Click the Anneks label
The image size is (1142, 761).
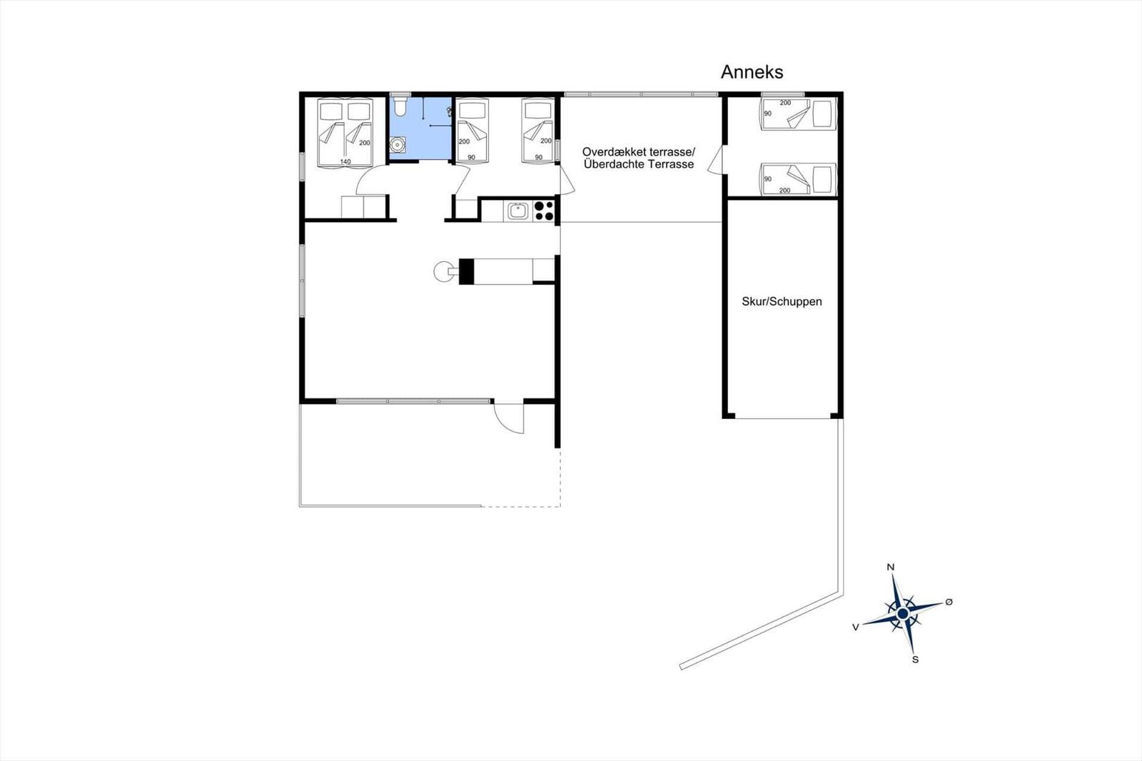pyautogui.click(x=752, y=72)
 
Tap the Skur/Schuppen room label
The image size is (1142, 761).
pyautogui.click(x=782, y=301)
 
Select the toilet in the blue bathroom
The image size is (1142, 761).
pyautogui.click(x=399, y=106)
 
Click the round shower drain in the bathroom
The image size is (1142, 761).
pyautogui.click(x=397, y=145)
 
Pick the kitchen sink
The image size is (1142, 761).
pyautogui.click(x=518, y=211)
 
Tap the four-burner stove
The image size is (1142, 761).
pyautogui.click(x=544, y=211)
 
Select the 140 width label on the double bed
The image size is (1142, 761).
pyautogui.click(x=345, y=161)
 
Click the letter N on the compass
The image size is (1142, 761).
pyautogui.click(x=891, y=567)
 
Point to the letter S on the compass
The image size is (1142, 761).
pyautogui.click(x=915, y=660)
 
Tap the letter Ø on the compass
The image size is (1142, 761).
pyautogui.click(x=949, y=602)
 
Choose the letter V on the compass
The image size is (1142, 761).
pyautogui.click(x=856, y=628)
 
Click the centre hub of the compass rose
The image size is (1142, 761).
pyautogui.click(x=902, y=613)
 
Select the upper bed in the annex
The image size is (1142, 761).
pyautogui.click(x=798, y=114)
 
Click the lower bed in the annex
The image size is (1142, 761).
pyautogui.click(x=798, y=179)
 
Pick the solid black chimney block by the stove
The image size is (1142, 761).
pyautogui.click(x=467, y=271)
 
